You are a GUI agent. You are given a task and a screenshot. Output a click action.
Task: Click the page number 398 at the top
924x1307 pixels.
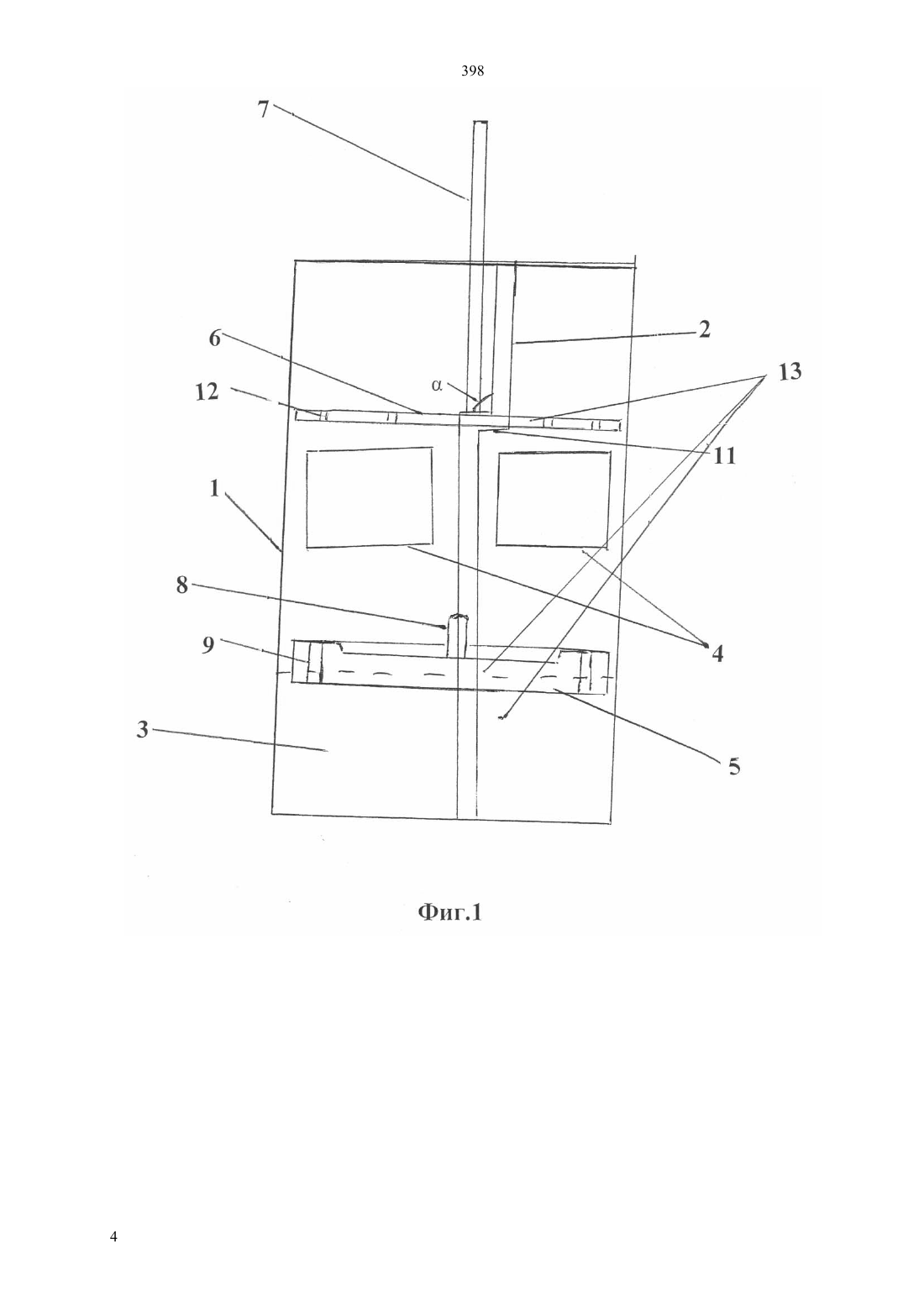472,71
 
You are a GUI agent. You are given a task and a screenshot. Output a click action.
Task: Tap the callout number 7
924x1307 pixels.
264,109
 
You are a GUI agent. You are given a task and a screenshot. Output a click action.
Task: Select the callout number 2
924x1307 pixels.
704,329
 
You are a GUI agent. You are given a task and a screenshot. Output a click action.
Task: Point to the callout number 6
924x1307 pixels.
215,338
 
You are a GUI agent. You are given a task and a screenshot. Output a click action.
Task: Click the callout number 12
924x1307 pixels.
207,391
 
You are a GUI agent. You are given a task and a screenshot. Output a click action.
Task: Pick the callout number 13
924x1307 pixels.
790,371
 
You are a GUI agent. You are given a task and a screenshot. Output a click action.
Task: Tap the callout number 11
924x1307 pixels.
725,455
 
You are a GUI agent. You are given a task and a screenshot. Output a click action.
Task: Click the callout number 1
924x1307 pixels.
214,488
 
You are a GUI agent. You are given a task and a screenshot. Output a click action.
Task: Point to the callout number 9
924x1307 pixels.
208,645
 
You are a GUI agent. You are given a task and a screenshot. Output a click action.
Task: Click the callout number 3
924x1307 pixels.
143,730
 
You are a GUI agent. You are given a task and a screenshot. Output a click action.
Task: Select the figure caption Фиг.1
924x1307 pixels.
449,912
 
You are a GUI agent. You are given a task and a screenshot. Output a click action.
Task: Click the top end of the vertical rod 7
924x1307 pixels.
480,121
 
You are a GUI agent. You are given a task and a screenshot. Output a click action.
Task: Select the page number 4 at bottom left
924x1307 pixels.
113,1236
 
